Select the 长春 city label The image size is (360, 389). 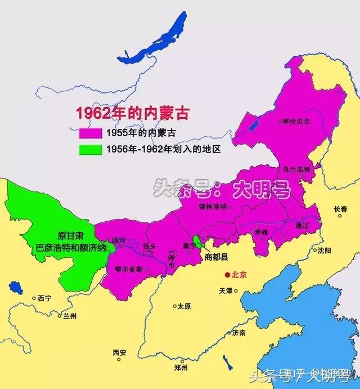point(341,208)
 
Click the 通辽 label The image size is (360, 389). point(301,225)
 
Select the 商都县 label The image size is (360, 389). point(216,257)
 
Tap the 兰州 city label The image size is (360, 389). point(70,316)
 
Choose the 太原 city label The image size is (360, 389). point(184,307)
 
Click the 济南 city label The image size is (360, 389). point(238,333)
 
